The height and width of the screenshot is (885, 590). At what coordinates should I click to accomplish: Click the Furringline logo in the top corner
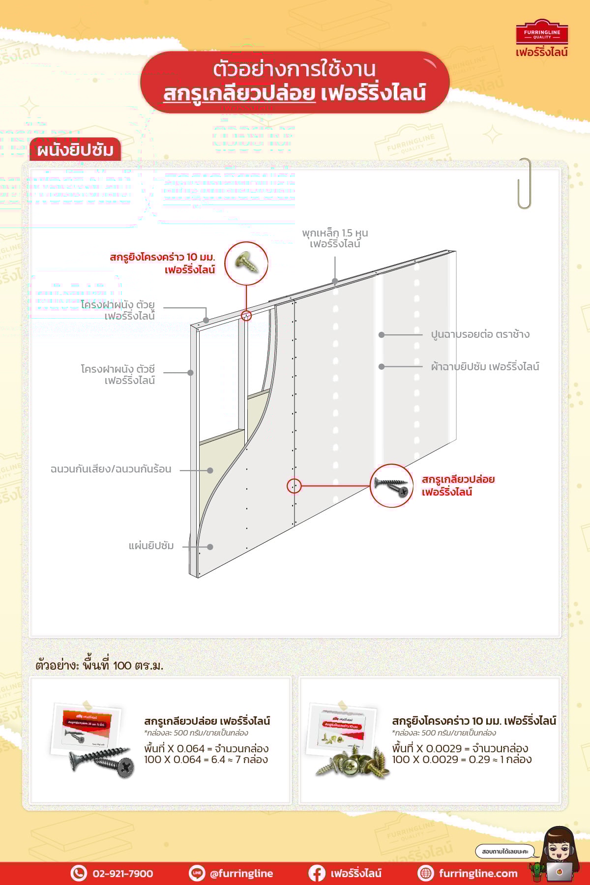tap(541, 38)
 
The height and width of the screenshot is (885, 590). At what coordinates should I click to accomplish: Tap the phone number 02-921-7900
tap(122, 874)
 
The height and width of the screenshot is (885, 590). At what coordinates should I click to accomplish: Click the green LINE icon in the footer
tap(197, 873)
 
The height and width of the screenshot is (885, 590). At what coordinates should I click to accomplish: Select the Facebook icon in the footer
tap(317, 873)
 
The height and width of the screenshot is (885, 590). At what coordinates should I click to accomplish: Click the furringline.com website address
tap(478, 874)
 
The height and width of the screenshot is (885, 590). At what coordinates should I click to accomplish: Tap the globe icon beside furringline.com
tap(425, 873)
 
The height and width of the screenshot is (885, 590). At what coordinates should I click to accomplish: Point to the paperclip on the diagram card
tap(525, 183)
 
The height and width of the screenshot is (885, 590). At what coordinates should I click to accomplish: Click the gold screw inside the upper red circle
tap(246, 263)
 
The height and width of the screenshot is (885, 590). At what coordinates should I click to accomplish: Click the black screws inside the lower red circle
tap(391, 486)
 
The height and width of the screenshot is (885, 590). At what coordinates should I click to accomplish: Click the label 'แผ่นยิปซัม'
tap(151, 546)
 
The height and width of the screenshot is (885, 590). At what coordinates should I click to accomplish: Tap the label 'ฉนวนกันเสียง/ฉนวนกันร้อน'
tap(111, 469)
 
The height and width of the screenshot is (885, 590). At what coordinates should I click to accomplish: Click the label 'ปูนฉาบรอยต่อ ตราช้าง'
tap(480, 335)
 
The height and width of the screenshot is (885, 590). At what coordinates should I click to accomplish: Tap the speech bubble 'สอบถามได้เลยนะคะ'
tap(504, 851)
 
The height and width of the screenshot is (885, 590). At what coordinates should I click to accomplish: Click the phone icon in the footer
tap(78, 873)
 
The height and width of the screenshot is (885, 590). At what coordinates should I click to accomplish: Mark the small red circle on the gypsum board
tap(294, 486)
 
